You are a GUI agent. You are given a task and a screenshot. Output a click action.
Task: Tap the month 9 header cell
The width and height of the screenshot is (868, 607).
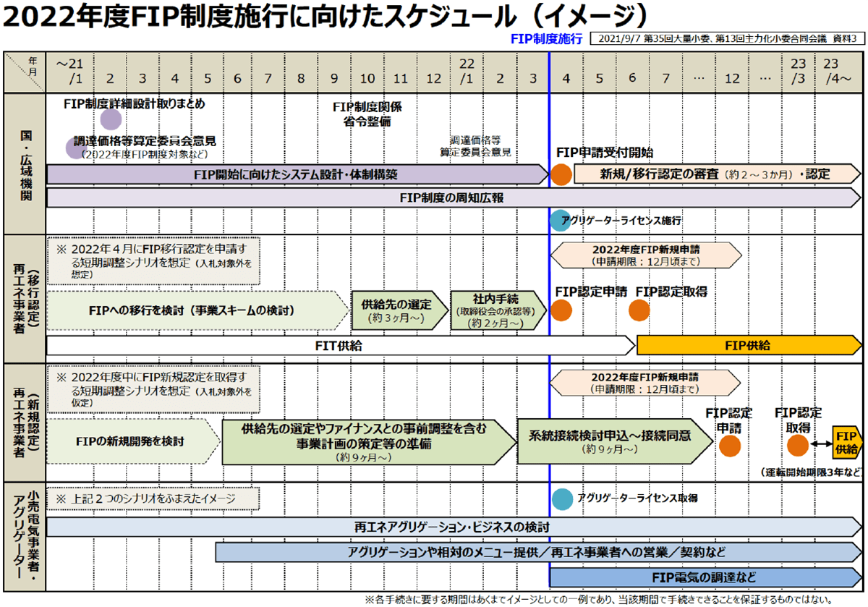[334, 77]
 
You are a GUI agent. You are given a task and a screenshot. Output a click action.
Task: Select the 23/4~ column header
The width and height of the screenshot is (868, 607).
[839, 72]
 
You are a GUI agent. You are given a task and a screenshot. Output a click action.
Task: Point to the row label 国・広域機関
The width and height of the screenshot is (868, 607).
[25, 163]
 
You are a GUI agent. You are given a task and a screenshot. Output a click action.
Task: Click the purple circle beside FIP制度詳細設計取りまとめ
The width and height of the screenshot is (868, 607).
[111, 119]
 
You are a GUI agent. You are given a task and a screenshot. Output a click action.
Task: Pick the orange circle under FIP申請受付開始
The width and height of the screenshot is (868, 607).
[561, 174]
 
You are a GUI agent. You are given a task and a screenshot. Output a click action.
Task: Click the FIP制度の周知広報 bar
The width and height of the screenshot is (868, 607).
[451, 198]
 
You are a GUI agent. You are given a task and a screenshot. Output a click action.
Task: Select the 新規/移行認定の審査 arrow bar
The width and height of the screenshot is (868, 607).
[716, 174]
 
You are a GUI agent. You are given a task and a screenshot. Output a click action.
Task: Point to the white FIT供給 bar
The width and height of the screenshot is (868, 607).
[340, 346]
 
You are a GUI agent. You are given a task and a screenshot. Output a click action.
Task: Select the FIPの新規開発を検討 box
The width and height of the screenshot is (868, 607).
[130, 441]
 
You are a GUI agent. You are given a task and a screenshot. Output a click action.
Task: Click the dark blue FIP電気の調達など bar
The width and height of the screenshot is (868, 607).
[705, 577]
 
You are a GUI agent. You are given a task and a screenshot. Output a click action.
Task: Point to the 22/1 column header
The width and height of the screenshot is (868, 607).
[467, 72]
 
